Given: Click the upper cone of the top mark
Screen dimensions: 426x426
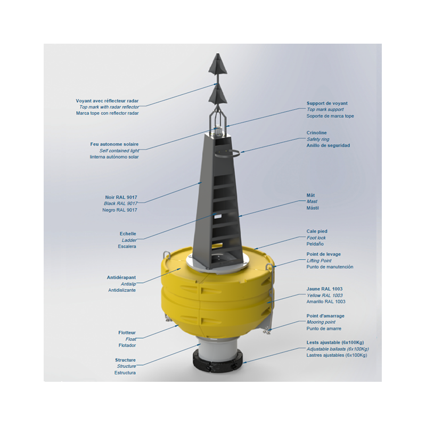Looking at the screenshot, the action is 218,64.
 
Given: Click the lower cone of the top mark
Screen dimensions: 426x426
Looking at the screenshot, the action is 218,95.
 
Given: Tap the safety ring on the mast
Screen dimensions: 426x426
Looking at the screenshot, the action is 228,153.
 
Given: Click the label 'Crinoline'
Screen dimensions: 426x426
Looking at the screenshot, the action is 316,133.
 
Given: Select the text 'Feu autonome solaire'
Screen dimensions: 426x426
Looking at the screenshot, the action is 114,144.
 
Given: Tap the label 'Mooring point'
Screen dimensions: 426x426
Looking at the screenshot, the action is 321,322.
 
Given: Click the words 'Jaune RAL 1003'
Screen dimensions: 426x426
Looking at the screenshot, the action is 324,289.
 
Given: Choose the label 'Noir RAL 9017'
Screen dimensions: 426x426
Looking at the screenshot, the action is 121,197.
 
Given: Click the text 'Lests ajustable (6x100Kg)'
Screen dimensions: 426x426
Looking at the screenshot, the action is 335,342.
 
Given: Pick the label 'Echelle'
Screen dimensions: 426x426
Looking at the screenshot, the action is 128,234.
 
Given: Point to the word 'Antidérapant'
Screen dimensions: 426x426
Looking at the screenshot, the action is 121,277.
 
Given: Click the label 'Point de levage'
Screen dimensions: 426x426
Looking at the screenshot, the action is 324,255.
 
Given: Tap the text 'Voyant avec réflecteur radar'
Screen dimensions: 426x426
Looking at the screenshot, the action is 107,101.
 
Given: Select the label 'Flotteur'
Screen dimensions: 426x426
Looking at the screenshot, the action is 127,332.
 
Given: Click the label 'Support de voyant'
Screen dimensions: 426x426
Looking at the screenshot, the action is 327,103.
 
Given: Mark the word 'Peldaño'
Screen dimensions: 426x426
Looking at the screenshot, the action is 315,244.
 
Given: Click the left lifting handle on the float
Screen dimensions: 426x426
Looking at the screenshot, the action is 166,256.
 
